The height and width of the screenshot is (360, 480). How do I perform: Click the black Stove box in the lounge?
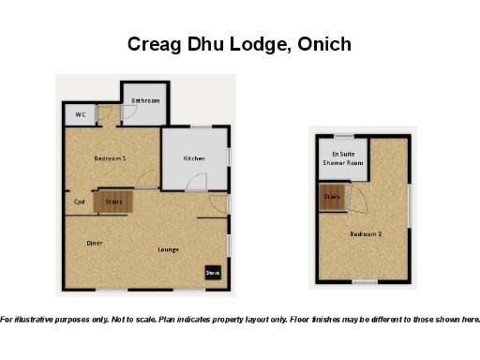[x=213, y=273]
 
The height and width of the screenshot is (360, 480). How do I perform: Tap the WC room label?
[x=81, y=115]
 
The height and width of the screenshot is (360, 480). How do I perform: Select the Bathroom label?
[x=145, y=100]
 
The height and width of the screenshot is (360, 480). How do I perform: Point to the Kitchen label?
[x=194, y=158]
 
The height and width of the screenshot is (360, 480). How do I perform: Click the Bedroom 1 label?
[x=110, y=158]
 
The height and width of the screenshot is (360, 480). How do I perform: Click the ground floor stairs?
[x=114, y=201]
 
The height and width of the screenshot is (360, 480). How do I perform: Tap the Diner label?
[x=95, y=243]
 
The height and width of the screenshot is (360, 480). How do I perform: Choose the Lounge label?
[x=169, y=249]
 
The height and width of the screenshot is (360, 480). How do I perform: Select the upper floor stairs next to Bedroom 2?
[x=332, y=198]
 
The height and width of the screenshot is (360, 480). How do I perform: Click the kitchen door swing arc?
[x=197, y=186]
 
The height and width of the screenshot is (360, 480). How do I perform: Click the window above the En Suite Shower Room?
[x=345, y=136]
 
